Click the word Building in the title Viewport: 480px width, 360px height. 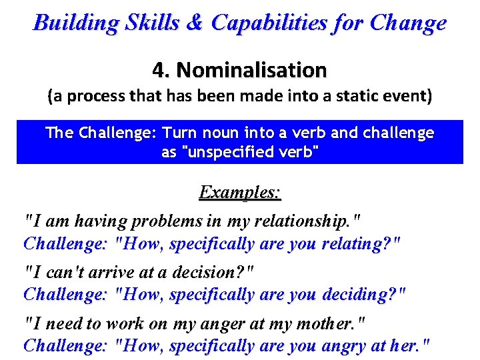coord(75,23)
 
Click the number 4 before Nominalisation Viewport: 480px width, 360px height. coord(158,69)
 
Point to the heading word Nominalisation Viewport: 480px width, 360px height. coord(252,69)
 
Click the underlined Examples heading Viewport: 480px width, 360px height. coord(239,193)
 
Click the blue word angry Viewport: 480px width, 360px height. coord(345,346)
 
